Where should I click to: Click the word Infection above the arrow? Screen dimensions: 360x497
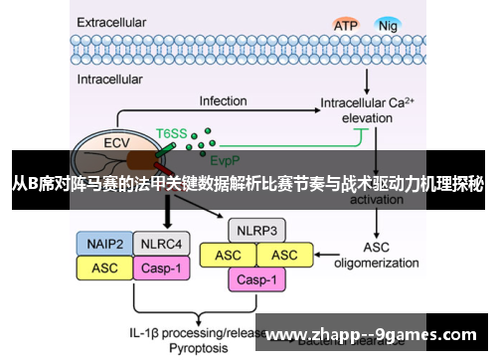click(x=223, y=101)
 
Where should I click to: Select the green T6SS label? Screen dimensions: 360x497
click(x=171, y=130)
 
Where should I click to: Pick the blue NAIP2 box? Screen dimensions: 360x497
click(x=105, y=243)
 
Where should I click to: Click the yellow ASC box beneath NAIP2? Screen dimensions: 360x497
click(x=105, y=267)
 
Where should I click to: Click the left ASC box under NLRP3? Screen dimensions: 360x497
click(x=229, y=256)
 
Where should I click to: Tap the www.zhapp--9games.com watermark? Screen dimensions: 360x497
click(x=373, y=334)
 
